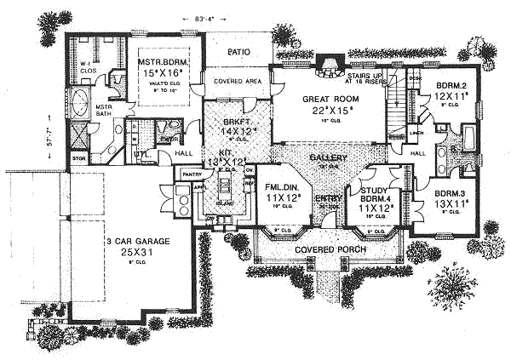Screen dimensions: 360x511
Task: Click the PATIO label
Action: click(238, 51)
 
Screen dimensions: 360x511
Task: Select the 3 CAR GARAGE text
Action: click(128, 241)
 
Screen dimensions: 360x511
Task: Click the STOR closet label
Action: click(79, 158)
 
